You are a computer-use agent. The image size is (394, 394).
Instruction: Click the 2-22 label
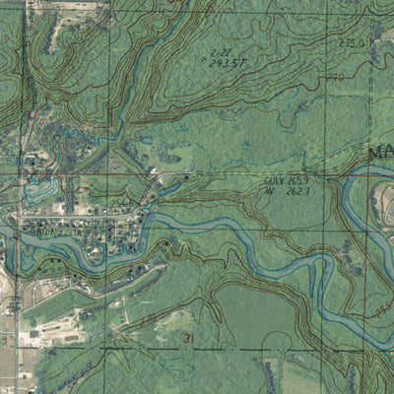click(222, 51)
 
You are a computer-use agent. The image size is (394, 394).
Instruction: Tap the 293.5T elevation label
click(228, 62)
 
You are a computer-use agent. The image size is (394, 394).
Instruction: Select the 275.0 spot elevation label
click(352, 44)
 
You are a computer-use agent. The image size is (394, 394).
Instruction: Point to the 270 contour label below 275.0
click(335, 76)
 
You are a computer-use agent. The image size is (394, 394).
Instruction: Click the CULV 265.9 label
click(287, 181)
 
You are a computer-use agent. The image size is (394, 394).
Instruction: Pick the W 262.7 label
click(289, 192)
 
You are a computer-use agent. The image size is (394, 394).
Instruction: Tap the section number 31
click(187, 338)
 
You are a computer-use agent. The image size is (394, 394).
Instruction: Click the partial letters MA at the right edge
click(380, 155)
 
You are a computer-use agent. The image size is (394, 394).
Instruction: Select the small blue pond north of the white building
click(148, 141)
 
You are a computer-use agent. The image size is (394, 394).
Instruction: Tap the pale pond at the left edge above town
click(39, 187)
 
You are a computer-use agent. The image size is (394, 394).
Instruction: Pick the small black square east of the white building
click(186, 174)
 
